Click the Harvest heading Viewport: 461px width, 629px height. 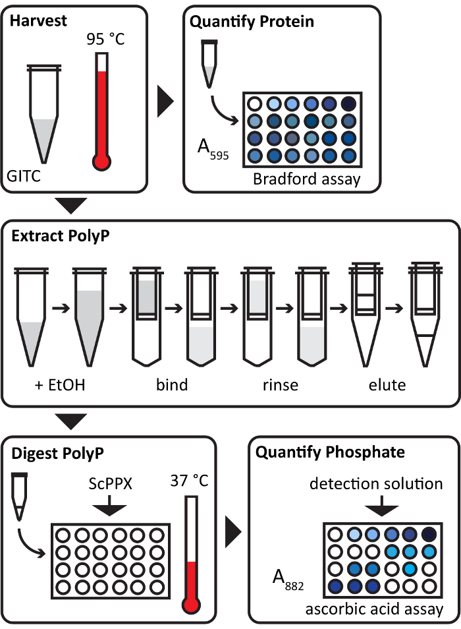point(38,20)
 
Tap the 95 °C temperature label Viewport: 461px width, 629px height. point(106,39)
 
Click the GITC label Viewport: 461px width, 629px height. point(24,176)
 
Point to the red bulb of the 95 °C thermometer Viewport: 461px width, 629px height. point(101,162)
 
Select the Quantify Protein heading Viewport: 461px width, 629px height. point(252,22)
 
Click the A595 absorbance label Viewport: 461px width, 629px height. point(213,149)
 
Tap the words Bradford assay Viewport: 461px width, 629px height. point(307,179)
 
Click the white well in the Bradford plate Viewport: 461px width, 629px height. point(254,104)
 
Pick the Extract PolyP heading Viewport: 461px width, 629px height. point(61,236)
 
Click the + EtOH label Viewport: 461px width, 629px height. point(60,384)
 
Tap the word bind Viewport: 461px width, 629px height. point(172,384)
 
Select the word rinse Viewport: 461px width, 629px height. point(281,385)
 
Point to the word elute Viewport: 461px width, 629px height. point(387,384)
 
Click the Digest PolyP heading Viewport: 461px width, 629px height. point(58,454)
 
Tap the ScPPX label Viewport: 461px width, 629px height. point(110,484)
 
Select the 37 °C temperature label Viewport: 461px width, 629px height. point(190,480)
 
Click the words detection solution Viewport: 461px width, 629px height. point(376,484)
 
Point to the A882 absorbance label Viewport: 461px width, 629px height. point(288,580)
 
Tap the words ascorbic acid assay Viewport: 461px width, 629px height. point(375,609)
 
